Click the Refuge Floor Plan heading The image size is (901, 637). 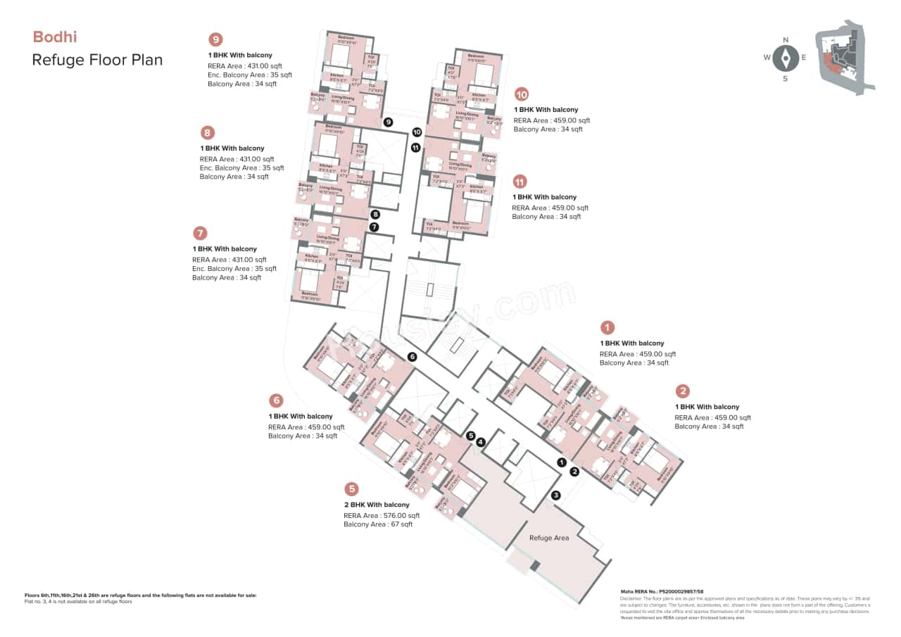[x=97, y=59]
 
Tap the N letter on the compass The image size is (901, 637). [x=786, y=39]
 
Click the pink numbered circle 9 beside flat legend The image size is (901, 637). [x=216, y=39]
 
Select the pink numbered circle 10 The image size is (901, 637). [x=522, y=94]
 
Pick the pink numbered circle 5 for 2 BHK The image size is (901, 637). [x=351, y=489]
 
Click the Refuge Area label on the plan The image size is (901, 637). [x=549, y=538]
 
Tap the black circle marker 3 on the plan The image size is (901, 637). [x=555, y=495]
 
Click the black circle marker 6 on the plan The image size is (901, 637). [x=412, y=357]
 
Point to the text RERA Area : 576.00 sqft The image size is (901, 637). [x=382, y=515]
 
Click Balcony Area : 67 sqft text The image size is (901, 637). [x=378, y=524]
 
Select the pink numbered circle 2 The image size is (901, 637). [x=682, y=391]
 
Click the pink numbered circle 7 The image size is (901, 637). [x=200, y=233]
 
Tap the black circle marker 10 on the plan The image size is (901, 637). [x=416, y=132]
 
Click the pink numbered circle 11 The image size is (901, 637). [x=520, y=182]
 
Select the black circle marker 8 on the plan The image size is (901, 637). [x=375, y=214]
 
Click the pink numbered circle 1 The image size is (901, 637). [x=607, y=327]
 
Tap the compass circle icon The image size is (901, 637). [x=786, y=58]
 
